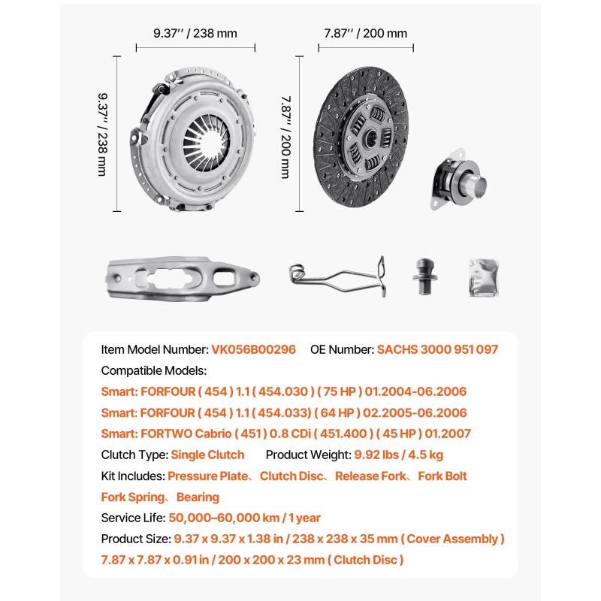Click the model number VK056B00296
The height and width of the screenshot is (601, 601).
click(253, 350)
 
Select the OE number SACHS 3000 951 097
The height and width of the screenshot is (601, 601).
click(437, 350)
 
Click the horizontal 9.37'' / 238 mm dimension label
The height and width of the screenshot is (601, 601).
click(195, 33)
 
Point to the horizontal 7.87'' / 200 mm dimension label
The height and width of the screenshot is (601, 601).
click(366, 33)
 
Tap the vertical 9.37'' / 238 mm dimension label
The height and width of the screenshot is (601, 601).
click(102, 134)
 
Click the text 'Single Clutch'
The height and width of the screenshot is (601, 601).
click(207, 455)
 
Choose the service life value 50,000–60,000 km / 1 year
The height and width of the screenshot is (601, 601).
click(245, 518)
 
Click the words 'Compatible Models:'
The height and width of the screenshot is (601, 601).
click(153, 371)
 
